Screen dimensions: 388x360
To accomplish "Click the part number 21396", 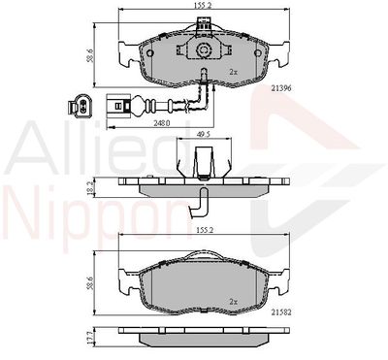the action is click(281, 88).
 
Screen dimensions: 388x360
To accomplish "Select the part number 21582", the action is click(281, 312).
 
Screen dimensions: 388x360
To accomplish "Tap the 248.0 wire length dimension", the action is click(162, 122).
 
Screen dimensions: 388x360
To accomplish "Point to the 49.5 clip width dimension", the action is click(204, 134).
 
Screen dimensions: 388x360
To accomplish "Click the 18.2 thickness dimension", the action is click(91, 188).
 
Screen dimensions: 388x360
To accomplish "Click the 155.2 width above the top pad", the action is click(204, 5).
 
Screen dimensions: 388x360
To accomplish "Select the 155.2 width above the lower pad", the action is click(204, 230).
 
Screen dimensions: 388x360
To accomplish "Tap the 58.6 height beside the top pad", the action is click(90, 55).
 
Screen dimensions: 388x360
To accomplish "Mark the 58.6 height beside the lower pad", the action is click(90, 283).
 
